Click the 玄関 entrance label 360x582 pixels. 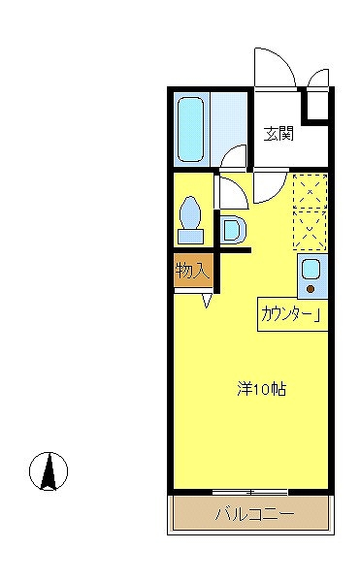(x=278, y=134)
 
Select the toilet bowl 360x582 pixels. (x=190, y=210)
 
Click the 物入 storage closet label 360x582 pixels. (x=192, y=270)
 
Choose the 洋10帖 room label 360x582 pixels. (x=261, y=389)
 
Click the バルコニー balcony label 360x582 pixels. (x=253, y=514)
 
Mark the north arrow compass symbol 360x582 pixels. (x=47, y=471)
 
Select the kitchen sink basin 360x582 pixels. (x=311, y=269)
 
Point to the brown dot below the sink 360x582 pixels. (x=311, y=288)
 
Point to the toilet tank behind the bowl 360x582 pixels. (x=190, y=234)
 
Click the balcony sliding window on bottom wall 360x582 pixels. (x=250, y=492)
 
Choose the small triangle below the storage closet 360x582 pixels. (x=208, y=300)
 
